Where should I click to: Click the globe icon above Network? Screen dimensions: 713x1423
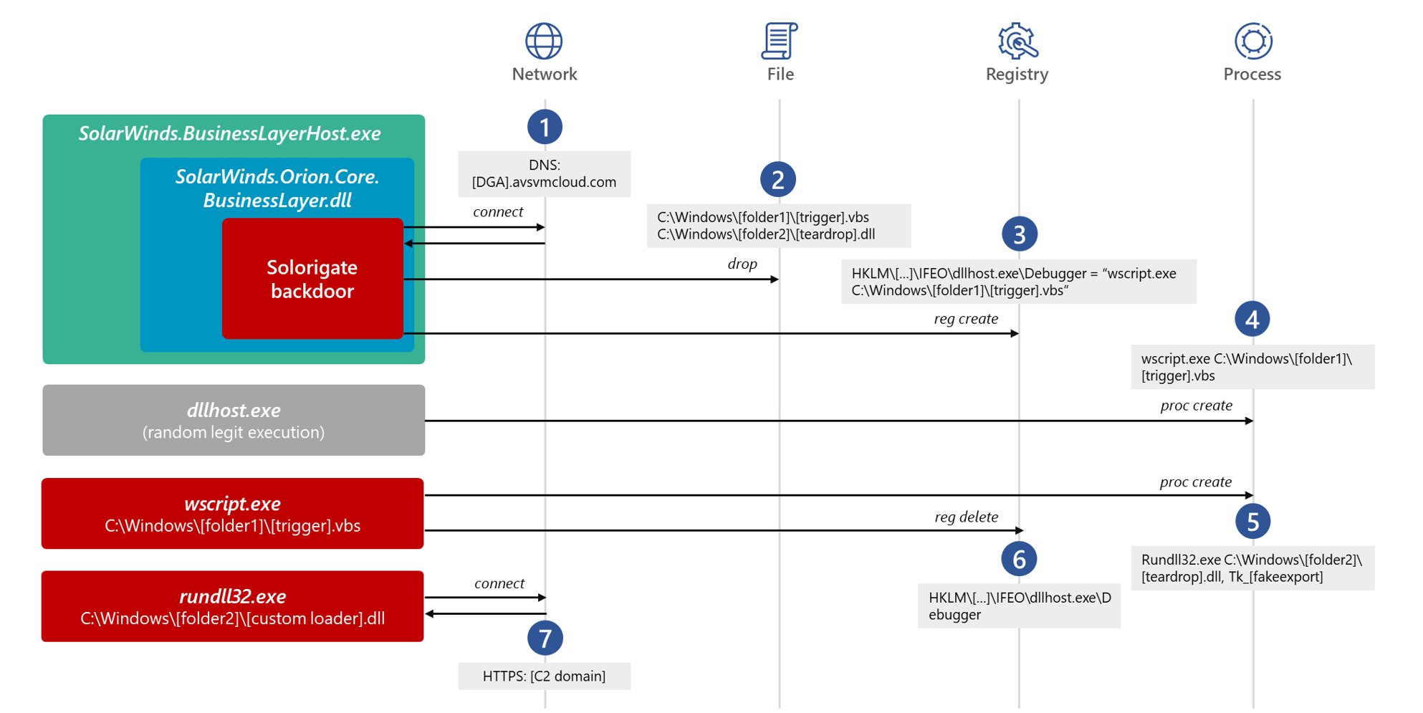tap(544, 41)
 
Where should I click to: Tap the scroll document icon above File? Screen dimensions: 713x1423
tap(780, 41)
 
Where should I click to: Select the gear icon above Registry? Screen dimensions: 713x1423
tap(1017, 41)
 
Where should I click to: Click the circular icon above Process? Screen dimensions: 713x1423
tap(1253, 41)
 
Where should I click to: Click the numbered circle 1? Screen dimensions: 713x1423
tap(545, 128)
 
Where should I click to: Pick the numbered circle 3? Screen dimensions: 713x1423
tap(1019, 234)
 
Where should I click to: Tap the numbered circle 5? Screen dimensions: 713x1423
tap(1252, 522)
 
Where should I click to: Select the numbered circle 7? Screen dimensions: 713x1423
tap(545, 638)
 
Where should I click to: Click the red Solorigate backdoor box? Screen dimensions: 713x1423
tap(312, 279)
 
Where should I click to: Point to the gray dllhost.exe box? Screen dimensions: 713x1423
tap(234, 421)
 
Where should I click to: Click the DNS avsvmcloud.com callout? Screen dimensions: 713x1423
tap(544, 174)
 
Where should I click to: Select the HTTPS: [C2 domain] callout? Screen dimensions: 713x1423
tap(544, 676)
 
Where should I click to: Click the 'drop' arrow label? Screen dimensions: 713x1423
tap(742, 264)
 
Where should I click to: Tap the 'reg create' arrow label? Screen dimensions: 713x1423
tap(965, 319)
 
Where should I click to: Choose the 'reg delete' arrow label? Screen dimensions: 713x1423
tap(966, 517)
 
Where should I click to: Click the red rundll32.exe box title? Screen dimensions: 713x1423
tap(233, 596)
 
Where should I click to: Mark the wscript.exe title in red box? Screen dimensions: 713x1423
tap(233, 504)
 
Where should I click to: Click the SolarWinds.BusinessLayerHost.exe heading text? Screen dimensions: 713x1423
tap(229, 134)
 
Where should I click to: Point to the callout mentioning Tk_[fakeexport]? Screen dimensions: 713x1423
tap(1252, 568)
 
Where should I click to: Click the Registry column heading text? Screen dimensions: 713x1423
tap(1017, 75)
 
